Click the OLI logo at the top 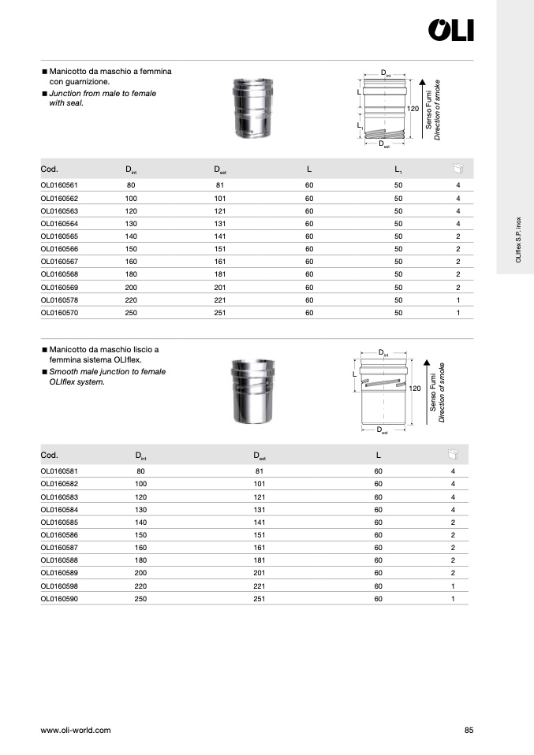(451, 30)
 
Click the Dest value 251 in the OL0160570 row (220, 313)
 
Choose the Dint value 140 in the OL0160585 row (141, 522)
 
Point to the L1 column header (398, 169)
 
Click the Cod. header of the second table (49, 456)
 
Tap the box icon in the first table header (458, 169)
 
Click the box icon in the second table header (453, 455)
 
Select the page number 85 (469, 730)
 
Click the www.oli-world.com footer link (76, 730)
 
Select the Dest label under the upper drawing (383, 144)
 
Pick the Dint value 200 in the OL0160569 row (131, 288)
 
